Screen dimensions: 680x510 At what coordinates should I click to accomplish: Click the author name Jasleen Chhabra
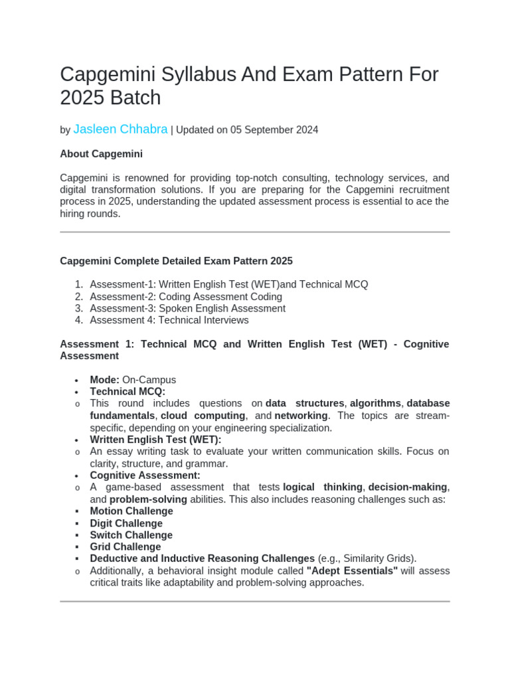tap(120, 129)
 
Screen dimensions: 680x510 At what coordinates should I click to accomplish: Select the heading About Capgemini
tap(101, 154)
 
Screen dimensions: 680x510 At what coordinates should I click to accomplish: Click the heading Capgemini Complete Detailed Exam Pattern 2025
tap(176, 261)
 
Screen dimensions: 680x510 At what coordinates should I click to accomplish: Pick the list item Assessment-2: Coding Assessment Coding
tap(186, 297)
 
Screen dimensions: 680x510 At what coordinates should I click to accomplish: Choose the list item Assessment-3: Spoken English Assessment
tap(188, 309)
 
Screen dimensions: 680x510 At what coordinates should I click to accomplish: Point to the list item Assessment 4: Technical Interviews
tap(169, 320)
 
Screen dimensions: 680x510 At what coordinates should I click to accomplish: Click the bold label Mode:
tap(105, 380)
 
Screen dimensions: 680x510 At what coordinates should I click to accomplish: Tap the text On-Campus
tap(149, 380)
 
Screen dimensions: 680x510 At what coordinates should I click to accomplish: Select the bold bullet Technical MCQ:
tap(127, 392)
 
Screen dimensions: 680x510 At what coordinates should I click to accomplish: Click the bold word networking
tap(301, 416)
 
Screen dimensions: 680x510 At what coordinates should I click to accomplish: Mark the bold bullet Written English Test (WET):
tap(155, 440)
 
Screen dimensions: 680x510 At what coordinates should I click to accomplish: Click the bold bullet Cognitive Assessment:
tap(145, 475)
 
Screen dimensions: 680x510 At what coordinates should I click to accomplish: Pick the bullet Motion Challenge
tap(131, 511)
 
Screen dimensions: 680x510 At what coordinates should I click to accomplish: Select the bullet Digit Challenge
tap(126, 523)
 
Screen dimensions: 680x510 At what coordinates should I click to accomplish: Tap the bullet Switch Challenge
tap(131, 535)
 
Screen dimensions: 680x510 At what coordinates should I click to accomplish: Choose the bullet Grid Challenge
tap(126, 547)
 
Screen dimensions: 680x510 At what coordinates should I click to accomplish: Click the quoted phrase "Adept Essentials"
tap(352, 571)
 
